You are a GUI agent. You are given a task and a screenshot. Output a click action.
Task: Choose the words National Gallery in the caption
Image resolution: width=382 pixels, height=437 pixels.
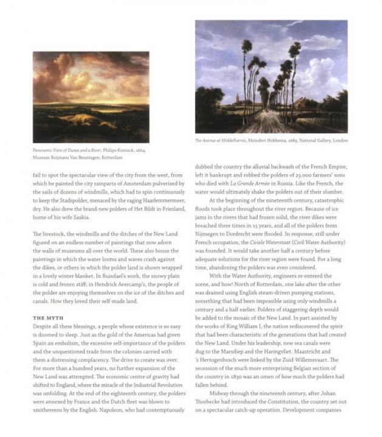point(312,140)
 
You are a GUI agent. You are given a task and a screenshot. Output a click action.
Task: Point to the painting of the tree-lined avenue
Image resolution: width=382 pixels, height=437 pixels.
point(271,76)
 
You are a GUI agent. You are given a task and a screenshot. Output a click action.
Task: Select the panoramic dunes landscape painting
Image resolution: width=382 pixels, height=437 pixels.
point(90,97)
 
